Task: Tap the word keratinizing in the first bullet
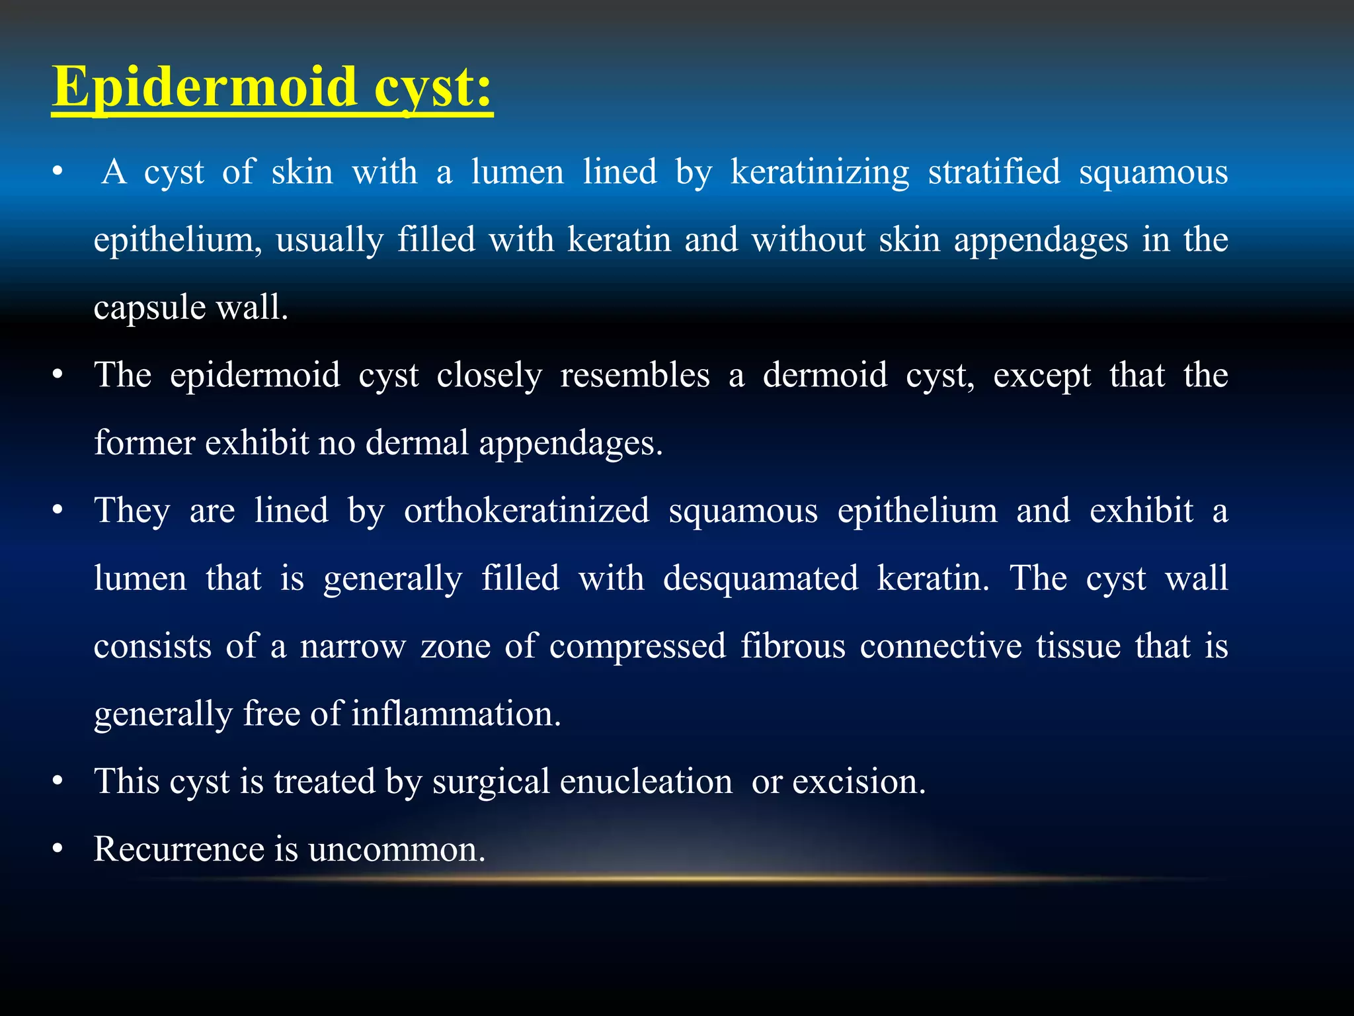pos(820,172)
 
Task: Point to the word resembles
pos(635,376)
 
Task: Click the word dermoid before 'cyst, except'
pos(824,376)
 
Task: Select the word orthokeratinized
pos(526,511)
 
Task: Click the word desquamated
pos(760,579)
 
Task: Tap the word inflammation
pos(456,714)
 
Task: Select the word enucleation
pos(646,782)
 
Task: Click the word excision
pos(859,782)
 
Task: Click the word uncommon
pos(397,849)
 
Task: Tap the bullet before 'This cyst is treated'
pos(58,782)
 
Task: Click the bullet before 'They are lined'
pos(58,511)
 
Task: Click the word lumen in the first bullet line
pos(517,172)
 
